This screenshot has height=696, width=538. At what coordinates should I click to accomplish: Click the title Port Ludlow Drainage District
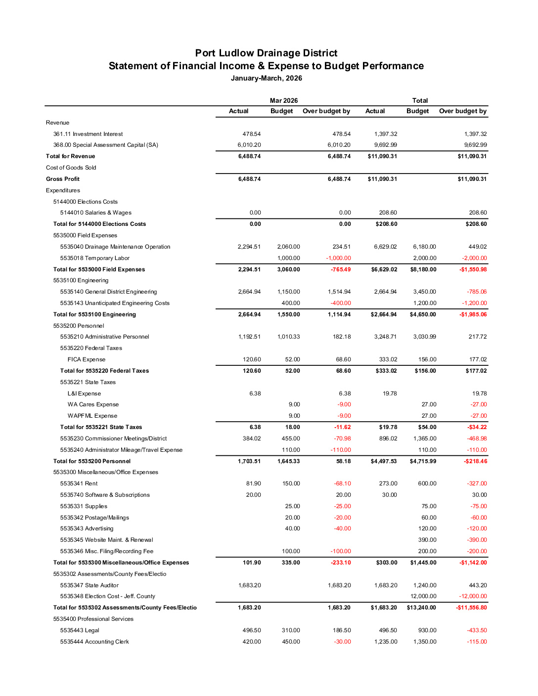(x=266, y=53)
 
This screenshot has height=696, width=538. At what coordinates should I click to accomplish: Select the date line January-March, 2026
(x=266, y=78)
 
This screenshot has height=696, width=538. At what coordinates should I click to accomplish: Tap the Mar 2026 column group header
(x=284, y=100)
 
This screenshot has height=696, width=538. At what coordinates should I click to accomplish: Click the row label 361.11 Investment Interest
(x=88, y=134)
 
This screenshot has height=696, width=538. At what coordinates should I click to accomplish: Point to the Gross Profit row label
(x=63, y=179)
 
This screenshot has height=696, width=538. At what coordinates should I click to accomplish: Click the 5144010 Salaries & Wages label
(x=96, y=213)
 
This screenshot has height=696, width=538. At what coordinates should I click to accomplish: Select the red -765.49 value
(x=341, y=269)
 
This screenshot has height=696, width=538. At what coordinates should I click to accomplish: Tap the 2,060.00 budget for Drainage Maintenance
(x=289, y=247)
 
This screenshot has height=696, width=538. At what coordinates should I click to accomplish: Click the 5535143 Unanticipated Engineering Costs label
(x=115, y=303)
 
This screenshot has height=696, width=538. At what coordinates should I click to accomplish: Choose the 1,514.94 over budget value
(x=339, y=292)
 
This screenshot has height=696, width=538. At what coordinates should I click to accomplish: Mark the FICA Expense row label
(x=87, y=359)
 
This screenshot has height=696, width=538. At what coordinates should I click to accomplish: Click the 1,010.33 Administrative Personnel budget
(x=289, y=337)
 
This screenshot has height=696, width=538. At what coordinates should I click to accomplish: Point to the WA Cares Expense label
(x=93, y=404)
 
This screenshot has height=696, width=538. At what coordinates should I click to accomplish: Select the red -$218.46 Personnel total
(x=475, y=461)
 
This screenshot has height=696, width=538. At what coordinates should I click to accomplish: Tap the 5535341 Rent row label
(x=79, y=483)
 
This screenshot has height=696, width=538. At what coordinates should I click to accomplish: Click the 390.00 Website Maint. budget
(x=427, y=540)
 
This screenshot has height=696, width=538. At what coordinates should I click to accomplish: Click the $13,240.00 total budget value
(x=421, y=608)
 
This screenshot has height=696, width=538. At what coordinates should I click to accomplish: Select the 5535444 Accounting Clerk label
(x=94, y=642)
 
